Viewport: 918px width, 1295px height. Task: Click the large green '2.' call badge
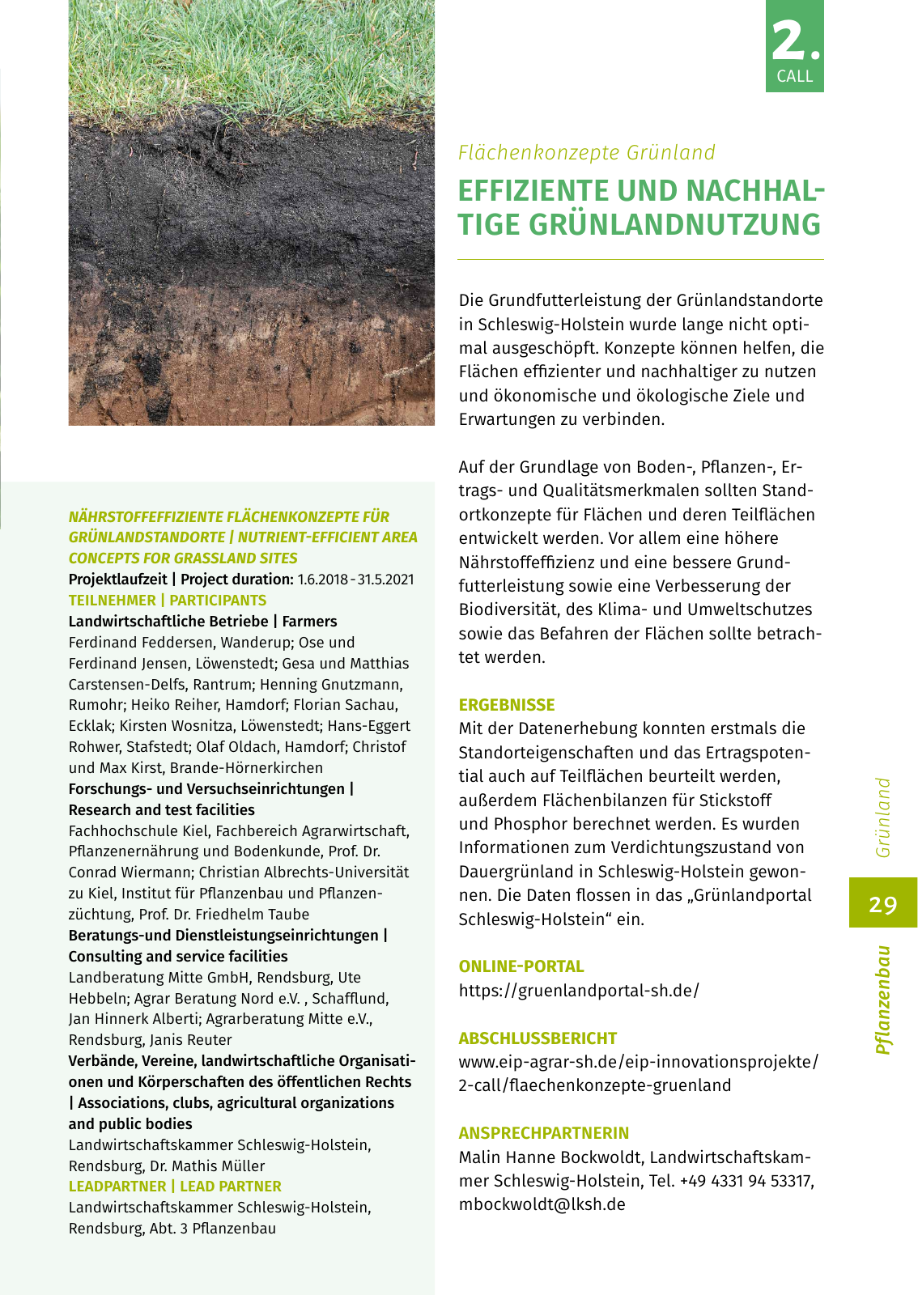pyautogui.click(x=794, y=46)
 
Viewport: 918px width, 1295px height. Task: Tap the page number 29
pyautogui.click(x=882, y=903)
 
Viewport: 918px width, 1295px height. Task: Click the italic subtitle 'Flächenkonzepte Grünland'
pyautogui.click(x=587, y=152)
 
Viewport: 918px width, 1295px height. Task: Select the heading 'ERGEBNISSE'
pyautogui.click(x=507, y=705)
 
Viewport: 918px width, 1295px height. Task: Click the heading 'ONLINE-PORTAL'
pyautogui.click(x=521, y=966)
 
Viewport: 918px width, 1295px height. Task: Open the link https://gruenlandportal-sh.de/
pyautogui.click(x=579, y=991)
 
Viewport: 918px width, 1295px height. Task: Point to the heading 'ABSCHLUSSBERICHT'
pyautogui.click(x=538, y=1038)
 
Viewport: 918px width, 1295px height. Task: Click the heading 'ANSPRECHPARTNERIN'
pyautogui.click(x=544, y=1133)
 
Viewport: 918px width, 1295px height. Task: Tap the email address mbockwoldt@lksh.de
pyautogui.click(x=542, y=1204)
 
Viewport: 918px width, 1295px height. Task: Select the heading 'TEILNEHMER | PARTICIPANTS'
pyautogui.click(x=168, y=601)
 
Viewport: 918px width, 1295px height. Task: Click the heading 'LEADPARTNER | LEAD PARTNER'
pyautogui.click(x=175, y=1187)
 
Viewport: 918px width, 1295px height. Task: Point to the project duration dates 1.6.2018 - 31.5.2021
pyautogui.click(x=355, y=580)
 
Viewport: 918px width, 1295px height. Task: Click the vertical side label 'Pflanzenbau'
pyautogui.click(x=883, y=1000)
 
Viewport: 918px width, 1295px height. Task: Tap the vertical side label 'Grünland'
pyautogui.click(x=883, y=817)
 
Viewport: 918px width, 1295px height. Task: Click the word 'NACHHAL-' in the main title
pyautogui.click(x=755, y=191)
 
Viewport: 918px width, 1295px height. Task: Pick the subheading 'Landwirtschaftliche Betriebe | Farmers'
pyautogui.click(x=202, y=622)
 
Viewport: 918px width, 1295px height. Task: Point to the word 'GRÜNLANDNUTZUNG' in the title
pyautogui.click(x=675, y=225)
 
